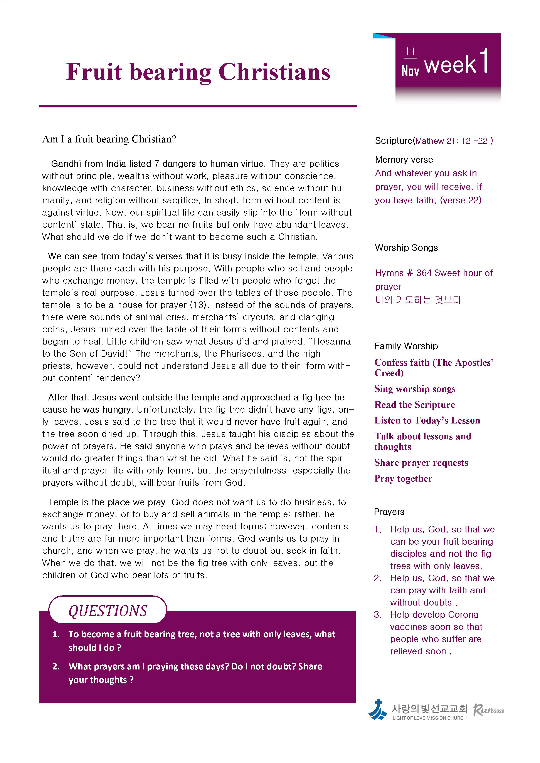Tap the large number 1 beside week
click(485, 61)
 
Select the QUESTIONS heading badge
click(108, 611)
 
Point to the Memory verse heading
click(404, 160)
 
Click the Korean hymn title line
click(418, 300)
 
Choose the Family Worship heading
click(406, 346)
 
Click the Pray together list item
click(403, 479)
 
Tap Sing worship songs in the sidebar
click(415, 389)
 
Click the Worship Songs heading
click(406, 248)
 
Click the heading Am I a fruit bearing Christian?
click(109, 139)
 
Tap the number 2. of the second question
click(56, 666)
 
